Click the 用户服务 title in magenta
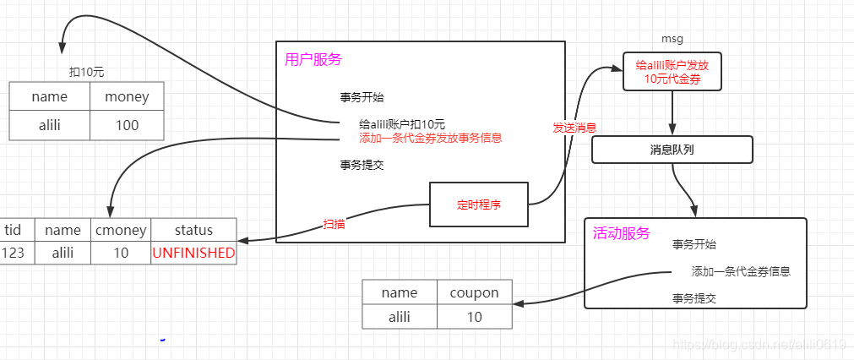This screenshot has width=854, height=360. (313, 60)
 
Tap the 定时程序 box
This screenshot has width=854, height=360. (478, 204)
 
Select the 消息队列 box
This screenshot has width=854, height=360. (672, 150)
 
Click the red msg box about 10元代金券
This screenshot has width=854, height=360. (672, 72)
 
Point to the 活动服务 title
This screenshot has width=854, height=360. (622, 233)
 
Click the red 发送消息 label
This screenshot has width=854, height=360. (574, 128)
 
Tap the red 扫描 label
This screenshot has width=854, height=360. (335, 225)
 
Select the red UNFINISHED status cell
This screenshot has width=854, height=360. (193, 253)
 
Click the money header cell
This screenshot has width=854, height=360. (127, 97)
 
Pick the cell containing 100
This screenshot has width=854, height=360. (127, 126)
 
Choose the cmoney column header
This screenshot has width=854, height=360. (121, 230)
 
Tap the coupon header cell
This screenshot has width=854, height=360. (475, 292)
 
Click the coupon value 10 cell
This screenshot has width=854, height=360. (475, 317)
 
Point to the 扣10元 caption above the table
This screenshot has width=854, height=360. (86, 72)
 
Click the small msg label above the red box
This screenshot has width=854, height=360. (672, 39)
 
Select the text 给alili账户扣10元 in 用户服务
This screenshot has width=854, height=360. (402, 124)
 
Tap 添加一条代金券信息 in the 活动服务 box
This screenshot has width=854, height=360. (741, 271)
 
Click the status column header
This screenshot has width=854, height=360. (193, 230)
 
